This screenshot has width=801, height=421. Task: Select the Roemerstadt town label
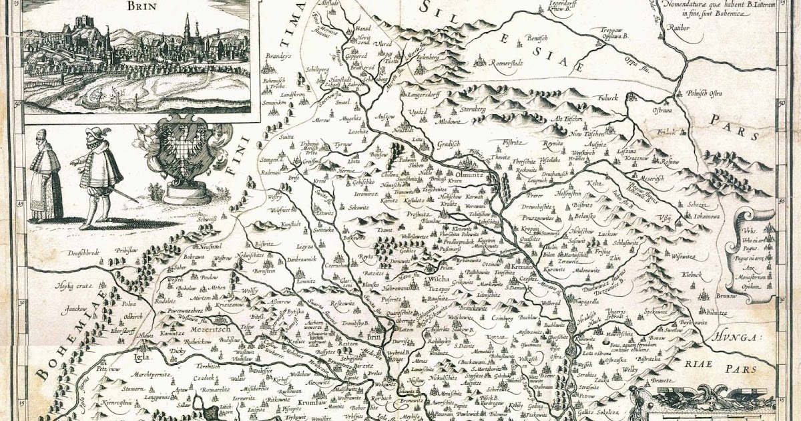point(513,63)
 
